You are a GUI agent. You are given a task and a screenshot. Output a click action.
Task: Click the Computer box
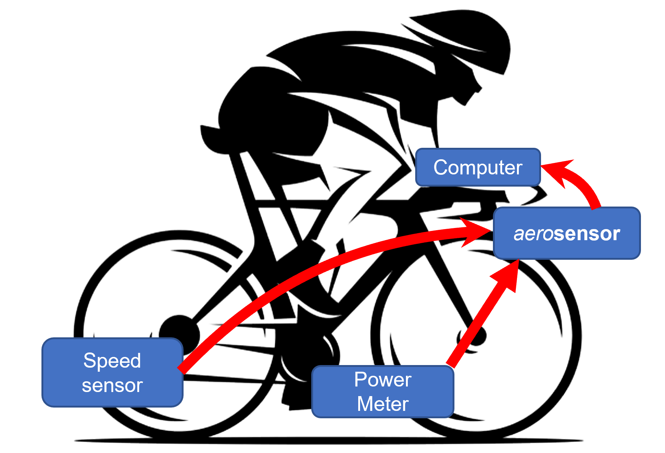478,167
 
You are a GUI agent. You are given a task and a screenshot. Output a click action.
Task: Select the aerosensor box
567,233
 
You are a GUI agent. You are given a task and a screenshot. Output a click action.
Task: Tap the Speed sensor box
112,372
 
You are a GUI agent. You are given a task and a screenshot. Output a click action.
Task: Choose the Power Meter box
383,392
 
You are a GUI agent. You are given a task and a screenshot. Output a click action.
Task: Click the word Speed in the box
112,360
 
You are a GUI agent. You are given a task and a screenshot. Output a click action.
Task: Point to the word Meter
383,403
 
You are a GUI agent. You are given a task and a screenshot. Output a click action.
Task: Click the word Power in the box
383,379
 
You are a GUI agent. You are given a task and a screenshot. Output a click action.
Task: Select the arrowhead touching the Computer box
557,172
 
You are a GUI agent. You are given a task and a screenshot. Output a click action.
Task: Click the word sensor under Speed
112,386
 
